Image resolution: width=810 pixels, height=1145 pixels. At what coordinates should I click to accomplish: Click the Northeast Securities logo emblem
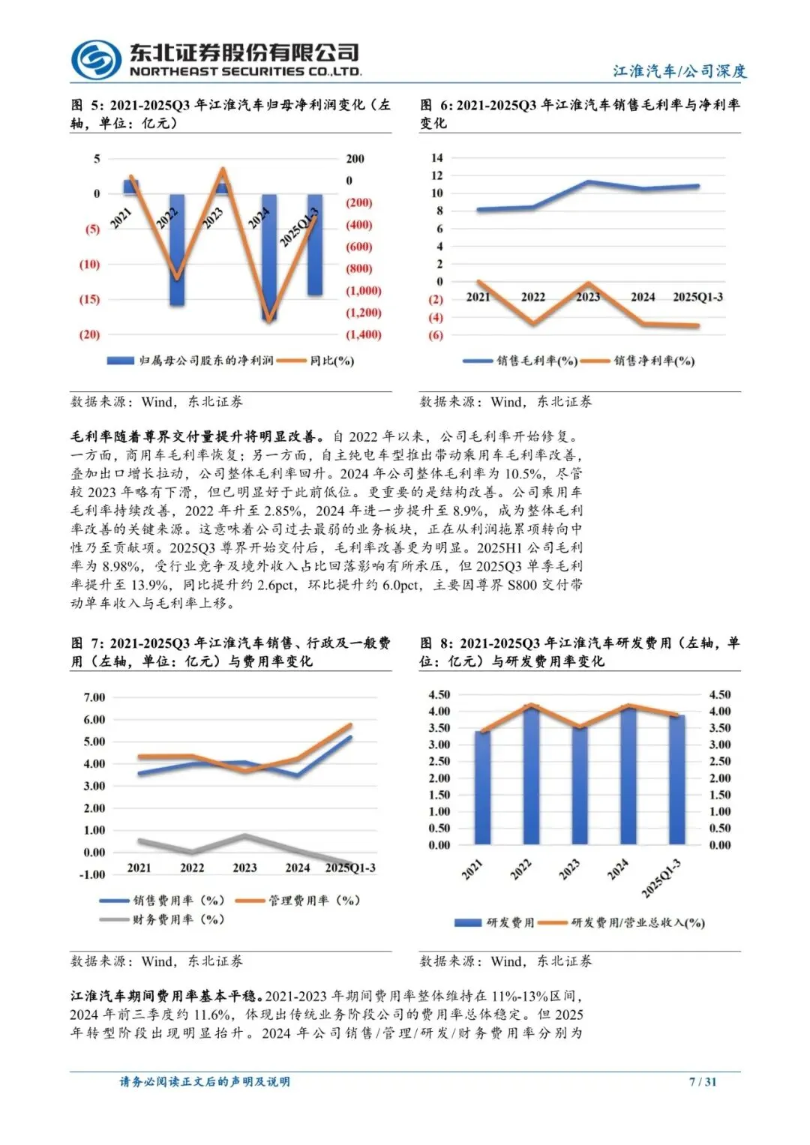click(95, 59)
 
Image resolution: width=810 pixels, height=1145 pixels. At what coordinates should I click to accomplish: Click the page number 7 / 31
click(702, 1081)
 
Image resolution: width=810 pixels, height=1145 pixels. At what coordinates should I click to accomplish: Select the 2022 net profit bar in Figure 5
click(177, 249)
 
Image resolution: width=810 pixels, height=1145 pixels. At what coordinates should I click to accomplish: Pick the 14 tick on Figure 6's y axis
click(436, 157)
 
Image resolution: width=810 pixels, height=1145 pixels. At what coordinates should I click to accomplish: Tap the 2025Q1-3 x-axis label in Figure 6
click(697, 297)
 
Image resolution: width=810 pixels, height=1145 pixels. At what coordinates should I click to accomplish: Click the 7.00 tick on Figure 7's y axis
click(94, 697)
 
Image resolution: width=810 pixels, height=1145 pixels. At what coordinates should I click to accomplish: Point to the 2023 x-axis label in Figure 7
click(244, 868)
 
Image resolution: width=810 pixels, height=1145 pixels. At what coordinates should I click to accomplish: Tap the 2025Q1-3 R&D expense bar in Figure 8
click(676, 780)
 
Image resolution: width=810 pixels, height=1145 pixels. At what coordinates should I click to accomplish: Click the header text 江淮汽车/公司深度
click(679, 71)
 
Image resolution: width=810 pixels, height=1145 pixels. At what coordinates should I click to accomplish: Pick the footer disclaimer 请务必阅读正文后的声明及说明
click(205, 1081)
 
